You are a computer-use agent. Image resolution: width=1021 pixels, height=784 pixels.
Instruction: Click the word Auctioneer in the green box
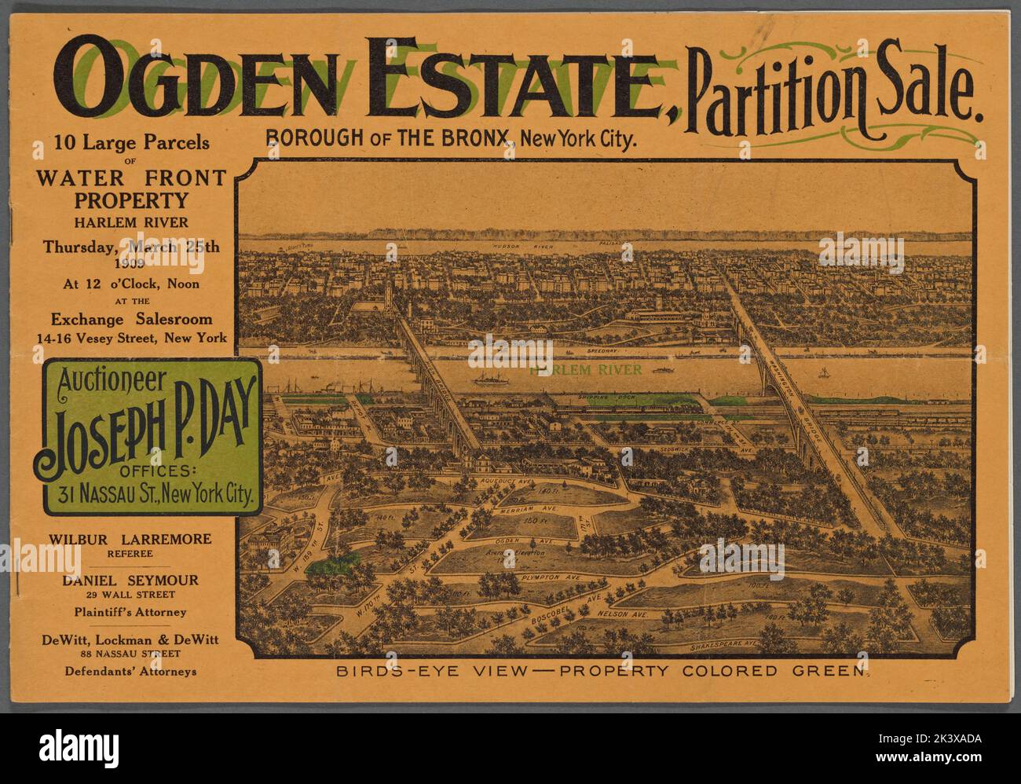pyautogui.click(x=111, y=381)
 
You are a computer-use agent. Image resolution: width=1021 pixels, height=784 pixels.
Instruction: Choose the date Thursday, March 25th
pyautogui.click(x=131, y=246)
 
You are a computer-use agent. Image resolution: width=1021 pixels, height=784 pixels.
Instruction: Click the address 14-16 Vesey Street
pyautogui.click(x=131, y=338)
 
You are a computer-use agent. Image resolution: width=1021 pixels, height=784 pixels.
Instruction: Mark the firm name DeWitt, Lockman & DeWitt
pyautogui.click(x=130, y=639)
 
